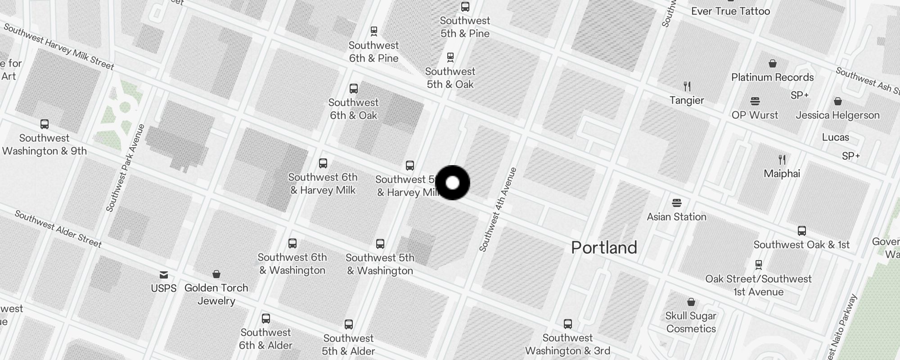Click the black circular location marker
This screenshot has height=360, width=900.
tap(452, 183)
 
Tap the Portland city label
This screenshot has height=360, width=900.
tap(604, 247)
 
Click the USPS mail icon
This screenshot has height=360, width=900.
tap(164, 274)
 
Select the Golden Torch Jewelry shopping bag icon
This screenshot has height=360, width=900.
tap(216, 274)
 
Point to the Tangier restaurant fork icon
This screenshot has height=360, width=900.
tap(687, 86)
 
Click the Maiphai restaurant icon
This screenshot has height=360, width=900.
tap(782, 159)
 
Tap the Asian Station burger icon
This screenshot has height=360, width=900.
tap(677, 202)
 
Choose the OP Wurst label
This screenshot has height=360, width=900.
tap(755, 115)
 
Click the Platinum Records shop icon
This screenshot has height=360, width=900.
tap(773, 63)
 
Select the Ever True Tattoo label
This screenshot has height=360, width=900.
tap(730, 11)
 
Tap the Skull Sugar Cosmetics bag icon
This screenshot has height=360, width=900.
tap(691, 301)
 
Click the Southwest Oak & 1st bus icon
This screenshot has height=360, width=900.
tap(801, 231)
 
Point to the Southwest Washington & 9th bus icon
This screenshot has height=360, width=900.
tap(44, 124)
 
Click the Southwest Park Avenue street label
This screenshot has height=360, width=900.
tap(126, 168)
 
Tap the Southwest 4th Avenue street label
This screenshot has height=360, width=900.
tap(498, 209)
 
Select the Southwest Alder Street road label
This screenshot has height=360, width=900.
tap(58, 229)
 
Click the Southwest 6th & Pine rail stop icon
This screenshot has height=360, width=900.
tap(373, 31)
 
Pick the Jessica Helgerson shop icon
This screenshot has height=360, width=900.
tap(837, 101)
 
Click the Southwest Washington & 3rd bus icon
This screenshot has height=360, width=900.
tap(567, 324)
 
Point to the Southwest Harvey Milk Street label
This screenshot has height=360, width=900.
tap(58, 47)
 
